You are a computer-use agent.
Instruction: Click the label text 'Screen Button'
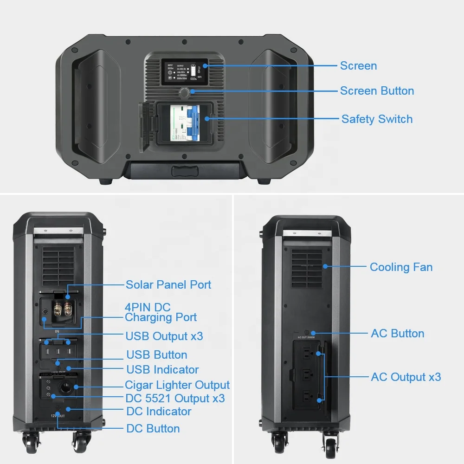click(x=377, y=91)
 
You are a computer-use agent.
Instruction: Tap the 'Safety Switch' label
click(x=377, y=119)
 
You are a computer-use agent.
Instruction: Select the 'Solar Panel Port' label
click(x=168, y=284)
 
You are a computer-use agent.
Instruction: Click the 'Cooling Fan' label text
click(x=401, y=267)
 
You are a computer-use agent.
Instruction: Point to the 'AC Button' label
click(x=397, y=334)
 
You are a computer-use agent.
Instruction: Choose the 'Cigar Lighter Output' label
click(x=177, y=385)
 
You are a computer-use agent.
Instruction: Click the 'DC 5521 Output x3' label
click(x=175, y=398)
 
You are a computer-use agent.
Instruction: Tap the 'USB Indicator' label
click(x=162, y=370)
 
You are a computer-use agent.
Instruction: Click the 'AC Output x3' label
click(x=406, y=377)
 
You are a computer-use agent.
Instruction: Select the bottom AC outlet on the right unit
click(x=307, y=397)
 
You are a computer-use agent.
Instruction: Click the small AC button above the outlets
click(x=314, y=333)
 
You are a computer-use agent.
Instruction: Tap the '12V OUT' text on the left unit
click(x=58, y=416)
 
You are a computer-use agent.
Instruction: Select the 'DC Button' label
click(x=153, y=428)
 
